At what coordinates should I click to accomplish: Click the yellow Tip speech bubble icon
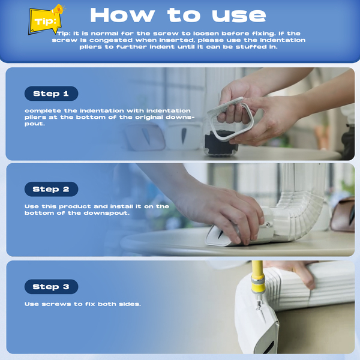(46, 22)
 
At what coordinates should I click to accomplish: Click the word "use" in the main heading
(239, 16)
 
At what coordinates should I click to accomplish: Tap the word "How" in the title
(122, 15)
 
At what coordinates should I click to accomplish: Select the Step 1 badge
(51, 94)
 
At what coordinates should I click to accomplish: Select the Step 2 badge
(51, 189)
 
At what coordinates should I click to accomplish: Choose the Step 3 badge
(51, 287)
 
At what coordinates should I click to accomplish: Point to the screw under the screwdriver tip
(259, 306)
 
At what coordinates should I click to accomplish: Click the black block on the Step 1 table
(220, 143)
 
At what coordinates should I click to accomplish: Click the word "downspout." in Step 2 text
(107, 213)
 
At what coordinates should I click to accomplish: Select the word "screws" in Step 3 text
(56, 304)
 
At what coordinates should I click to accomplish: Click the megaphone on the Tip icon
(58, 10)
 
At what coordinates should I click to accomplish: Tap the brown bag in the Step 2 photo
(343, 215)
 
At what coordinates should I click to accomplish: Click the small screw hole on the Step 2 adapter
(268, 224)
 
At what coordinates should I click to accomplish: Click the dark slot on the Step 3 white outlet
(268, 347)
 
